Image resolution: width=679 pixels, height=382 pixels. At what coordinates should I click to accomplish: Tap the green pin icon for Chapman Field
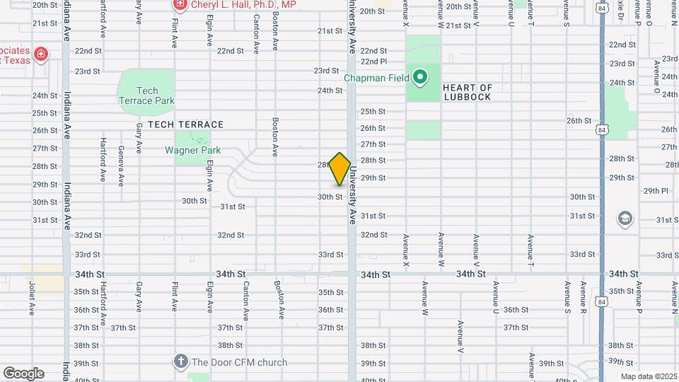point(420,76)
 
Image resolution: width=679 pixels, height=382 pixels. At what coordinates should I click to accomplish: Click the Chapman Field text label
point(378,77)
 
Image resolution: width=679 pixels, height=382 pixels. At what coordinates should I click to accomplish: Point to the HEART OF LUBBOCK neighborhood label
point(467,92)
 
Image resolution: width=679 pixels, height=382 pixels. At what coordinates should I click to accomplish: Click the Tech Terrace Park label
point(147,95)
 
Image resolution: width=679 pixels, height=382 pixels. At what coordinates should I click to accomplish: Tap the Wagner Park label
point(193,150)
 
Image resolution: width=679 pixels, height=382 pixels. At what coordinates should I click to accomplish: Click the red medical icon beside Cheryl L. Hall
point(180,5)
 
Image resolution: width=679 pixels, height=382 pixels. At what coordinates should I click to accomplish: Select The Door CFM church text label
point(239,362)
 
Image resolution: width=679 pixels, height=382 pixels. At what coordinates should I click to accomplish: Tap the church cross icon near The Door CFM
point(180,362)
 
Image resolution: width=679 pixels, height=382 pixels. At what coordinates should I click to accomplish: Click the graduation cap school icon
point(625,218)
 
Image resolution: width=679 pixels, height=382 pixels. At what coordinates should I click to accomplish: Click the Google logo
point(23,373)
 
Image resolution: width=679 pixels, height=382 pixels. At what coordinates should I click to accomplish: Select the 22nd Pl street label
point(373,62)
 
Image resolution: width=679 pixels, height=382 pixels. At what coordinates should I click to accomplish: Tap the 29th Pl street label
point(656,191)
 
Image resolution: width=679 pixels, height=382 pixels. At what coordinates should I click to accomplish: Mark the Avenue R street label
point(584,298)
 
